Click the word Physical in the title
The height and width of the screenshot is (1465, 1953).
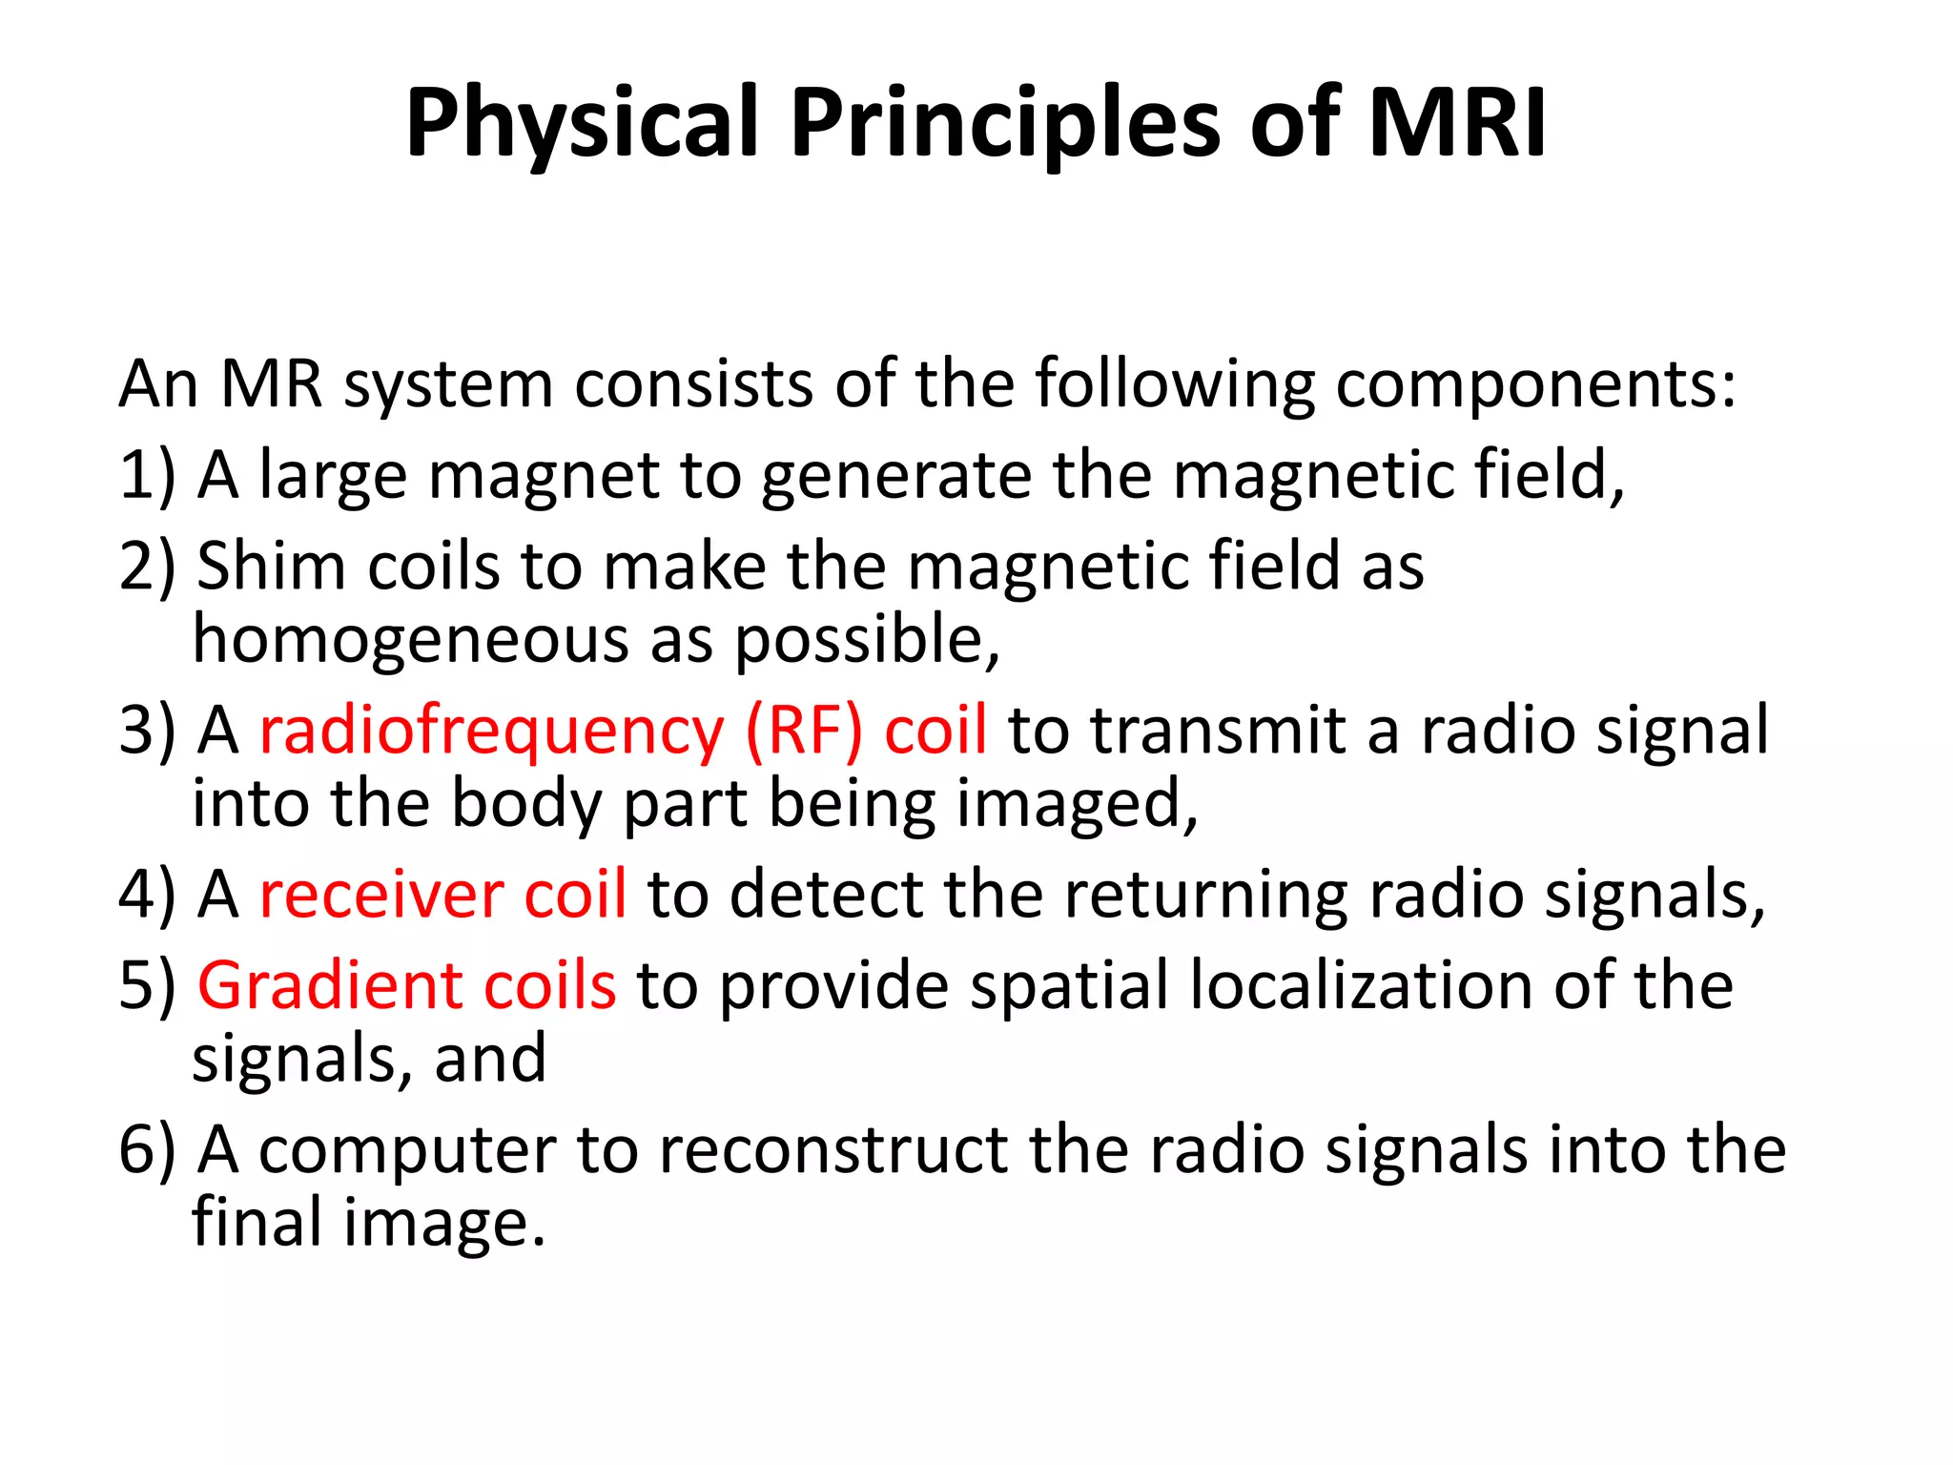(581, 124)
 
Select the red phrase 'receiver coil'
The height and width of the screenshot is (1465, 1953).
(442, 895)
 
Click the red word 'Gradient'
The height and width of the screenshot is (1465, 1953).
(329, 985)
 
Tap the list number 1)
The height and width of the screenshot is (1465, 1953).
(148, 475)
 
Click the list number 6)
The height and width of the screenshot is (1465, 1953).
(148, 1149)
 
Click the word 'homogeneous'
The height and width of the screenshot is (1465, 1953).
(410, 639)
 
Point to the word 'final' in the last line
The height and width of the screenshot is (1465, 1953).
(257, 1222)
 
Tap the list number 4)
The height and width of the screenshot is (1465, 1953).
(148, 895)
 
